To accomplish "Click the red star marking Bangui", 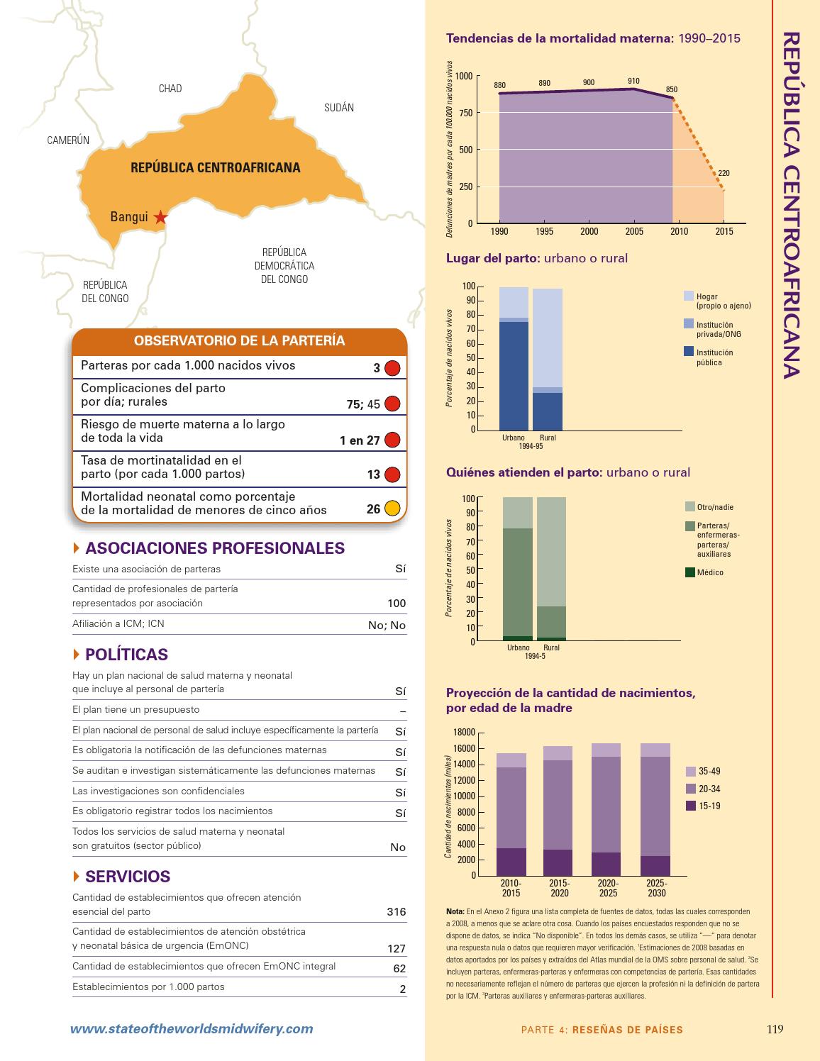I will click(161, 218).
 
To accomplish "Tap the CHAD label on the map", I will click(170, 89).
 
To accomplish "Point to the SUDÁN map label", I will click(339, 108).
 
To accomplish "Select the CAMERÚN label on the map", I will click(68, 140).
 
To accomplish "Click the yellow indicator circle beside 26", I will click(392, 509).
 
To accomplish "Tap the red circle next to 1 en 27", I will click(392, 440).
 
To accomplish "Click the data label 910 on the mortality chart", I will click(633, 81).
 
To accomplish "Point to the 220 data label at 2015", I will click(724, 173).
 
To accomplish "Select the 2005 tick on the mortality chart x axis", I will click(634, 231).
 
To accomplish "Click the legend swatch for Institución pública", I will click(689, 352).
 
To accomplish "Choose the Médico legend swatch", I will click(690, 572).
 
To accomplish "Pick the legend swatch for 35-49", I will click(691, 771).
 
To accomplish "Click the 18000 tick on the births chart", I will click(464, 732).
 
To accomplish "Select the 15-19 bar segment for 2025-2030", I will click(655, 865).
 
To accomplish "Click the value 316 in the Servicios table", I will click(397, 911).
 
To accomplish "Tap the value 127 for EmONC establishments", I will click(397, 948).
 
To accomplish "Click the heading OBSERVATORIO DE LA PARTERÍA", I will click(239, 341).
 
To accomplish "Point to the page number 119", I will click(775, 1029).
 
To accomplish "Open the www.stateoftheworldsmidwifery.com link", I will click(191, 1029).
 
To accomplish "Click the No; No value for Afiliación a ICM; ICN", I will click(389, 625).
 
